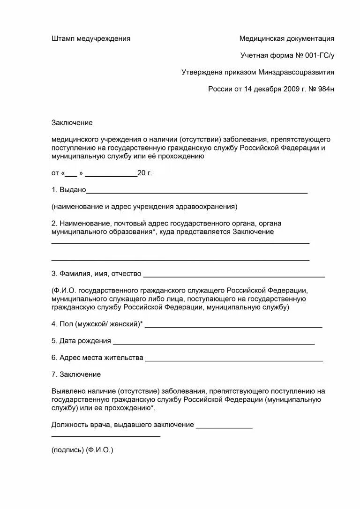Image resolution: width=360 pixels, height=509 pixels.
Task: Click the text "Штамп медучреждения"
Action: [x=91, y=39]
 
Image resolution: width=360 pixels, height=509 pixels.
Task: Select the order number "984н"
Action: [x=324, y=89]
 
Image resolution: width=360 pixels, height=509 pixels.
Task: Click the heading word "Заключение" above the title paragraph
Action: [x=72, y=123]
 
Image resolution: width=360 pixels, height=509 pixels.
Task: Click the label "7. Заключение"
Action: [x=76, y=374]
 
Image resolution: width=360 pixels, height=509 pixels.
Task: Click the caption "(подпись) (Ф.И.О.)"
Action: [x=82, y=449]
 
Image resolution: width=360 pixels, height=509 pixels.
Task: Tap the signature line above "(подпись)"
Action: [x=105, y=436]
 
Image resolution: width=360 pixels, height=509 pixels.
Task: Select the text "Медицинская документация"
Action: [x=287, y=39]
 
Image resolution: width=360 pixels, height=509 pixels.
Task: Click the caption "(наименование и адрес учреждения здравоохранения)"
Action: [x=144, y=206]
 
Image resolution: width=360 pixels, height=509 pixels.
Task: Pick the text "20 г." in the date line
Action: [x=145, y=173]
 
